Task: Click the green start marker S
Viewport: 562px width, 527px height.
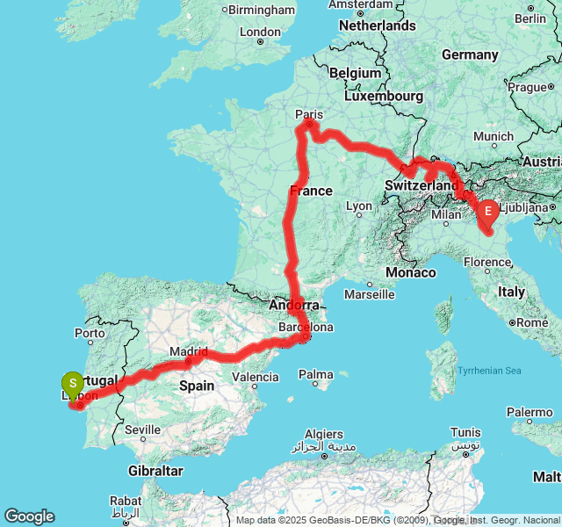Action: click(72, 384)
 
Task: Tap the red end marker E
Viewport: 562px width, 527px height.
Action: click(487, 212)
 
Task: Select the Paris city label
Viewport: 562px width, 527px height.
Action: click(309, 114)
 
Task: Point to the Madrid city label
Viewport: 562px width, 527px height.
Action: click(189, 351)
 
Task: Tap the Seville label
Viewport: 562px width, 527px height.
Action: click(142, 430)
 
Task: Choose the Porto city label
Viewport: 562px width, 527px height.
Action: click(90, 333)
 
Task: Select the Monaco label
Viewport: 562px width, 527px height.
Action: click(411, 273)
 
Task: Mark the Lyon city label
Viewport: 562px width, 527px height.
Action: click(359, 206)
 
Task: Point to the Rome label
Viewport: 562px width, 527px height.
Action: click(532, 322)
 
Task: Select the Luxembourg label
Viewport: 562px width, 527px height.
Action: click(383, 96)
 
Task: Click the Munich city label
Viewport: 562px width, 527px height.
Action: click(493, 136)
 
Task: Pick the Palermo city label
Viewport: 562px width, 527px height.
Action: click(529, 412)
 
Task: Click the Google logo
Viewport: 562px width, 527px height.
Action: click(29, 516)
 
